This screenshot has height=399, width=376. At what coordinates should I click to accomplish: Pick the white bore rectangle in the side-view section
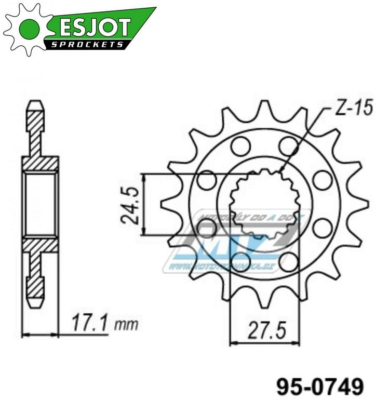[x=39, y=204]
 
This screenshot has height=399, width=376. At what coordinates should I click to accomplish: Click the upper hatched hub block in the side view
[x=39, y=163]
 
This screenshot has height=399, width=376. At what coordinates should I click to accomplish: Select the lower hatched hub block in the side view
[x=39, y=245]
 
